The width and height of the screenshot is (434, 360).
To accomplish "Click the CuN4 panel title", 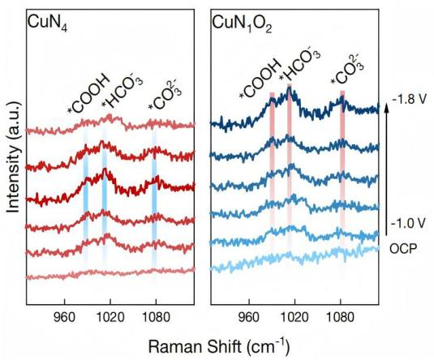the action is (48, 24).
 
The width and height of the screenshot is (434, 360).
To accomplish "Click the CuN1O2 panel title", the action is (242, 24).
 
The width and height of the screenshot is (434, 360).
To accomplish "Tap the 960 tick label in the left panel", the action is (65, 317).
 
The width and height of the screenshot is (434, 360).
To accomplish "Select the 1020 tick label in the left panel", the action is (110, 317).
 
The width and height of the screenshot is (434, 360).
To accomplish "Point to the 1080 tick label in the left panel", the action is (156, 317).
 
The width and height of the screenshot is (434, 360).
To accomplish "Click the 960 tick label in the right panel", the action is (249, 317).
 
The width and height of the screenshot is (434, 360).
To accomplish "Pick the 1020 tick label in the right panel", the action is (294, 317).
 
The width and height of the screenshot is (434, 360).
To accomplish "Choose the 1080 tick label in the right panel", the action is (340, 317).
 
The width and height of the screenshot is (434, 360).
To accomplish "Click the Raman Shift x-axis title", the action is (219, 346).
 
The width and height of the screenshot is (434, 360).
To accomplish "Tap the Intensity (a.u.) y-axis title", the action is (13, 156).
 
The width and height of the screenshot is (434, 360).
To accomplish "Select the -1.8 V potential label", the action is (408, 99).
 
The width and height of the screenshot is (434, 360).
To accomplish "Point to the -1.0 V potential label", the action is (407, 223).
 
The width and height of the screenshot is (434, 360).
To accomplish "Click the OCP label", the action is (403, 249).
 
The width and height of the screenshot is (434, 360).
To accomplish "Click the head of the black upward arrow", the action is (387, 106).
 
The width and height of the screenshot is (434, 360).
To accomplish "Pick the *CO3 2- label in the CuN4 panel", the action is (165, 95).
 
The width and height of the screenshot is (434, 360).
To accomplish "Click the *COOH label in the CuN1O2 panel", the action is (260, 79).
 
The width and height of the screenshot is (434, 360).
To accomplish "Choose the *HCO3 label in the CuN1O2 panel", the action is (299, 66).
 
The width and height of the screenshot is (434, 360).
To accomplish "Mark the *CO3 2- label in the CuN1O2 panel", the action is (347, 70).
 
